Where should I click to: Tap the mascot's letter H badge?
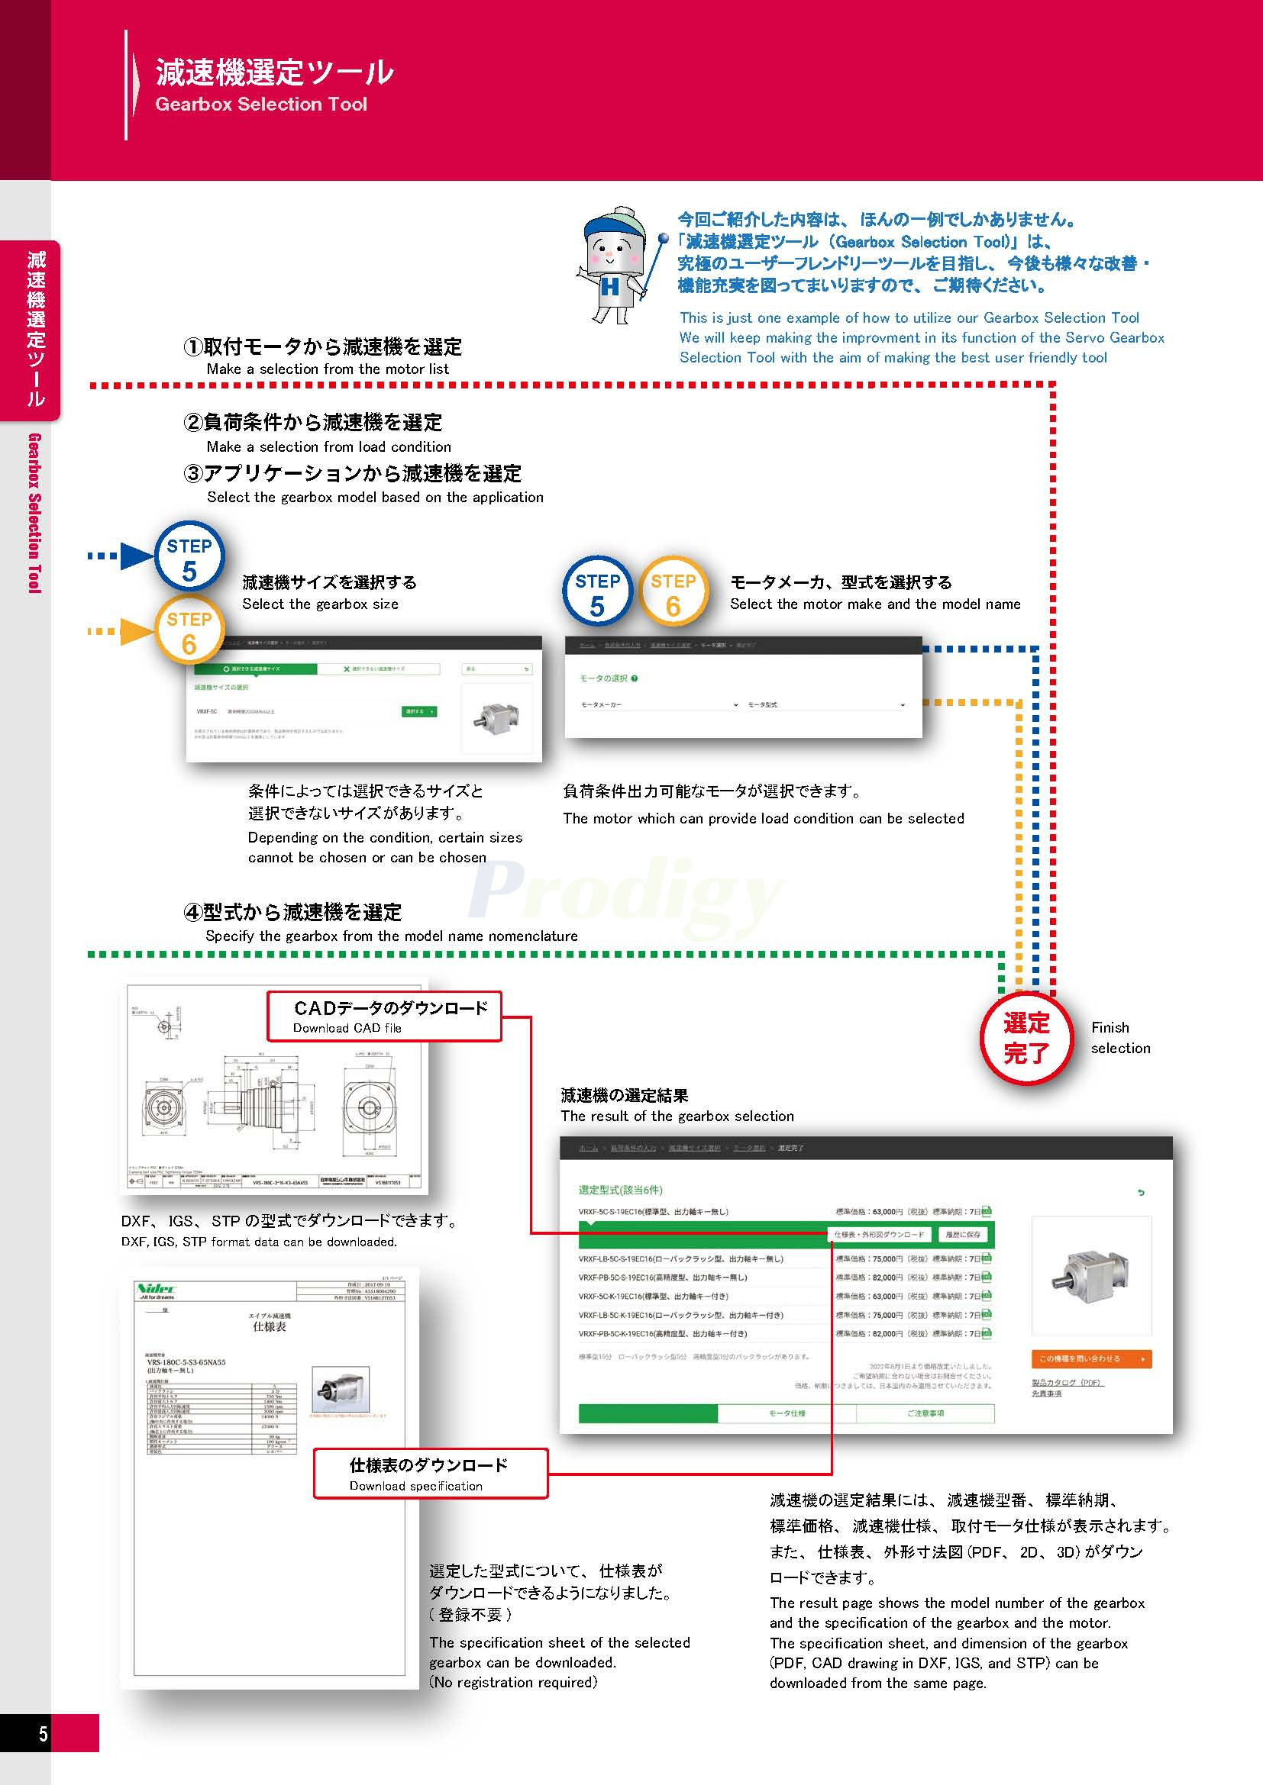(611, 287)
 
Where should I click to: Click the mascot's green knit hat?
(619, 225)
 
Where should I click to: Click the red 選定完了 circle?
(1026, 1038)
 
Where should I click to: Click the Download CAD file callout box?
(384, 1016)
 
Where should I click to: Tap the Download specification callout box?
(430, 1473)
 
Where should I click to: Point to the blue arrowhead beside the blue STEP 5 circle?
(138, 556)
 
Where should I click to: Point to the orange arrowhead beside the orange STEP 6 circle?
(137, 632)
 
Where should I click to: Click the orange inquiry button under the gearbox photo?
(1090, 1358)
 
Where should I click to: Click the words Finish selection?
(1120, 1038)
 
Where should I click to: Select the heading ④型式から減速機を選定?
(292, 912)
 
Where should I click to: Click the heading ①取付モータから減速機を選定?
(322, 346)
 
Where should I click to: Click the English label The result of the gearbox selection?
(677, 1116)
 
